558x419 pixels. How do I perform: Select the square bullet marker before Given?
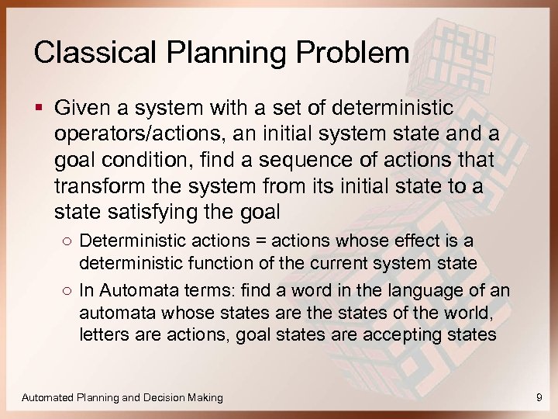[38, 106]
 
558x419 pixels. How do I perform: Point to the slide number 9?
[539, 397]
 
